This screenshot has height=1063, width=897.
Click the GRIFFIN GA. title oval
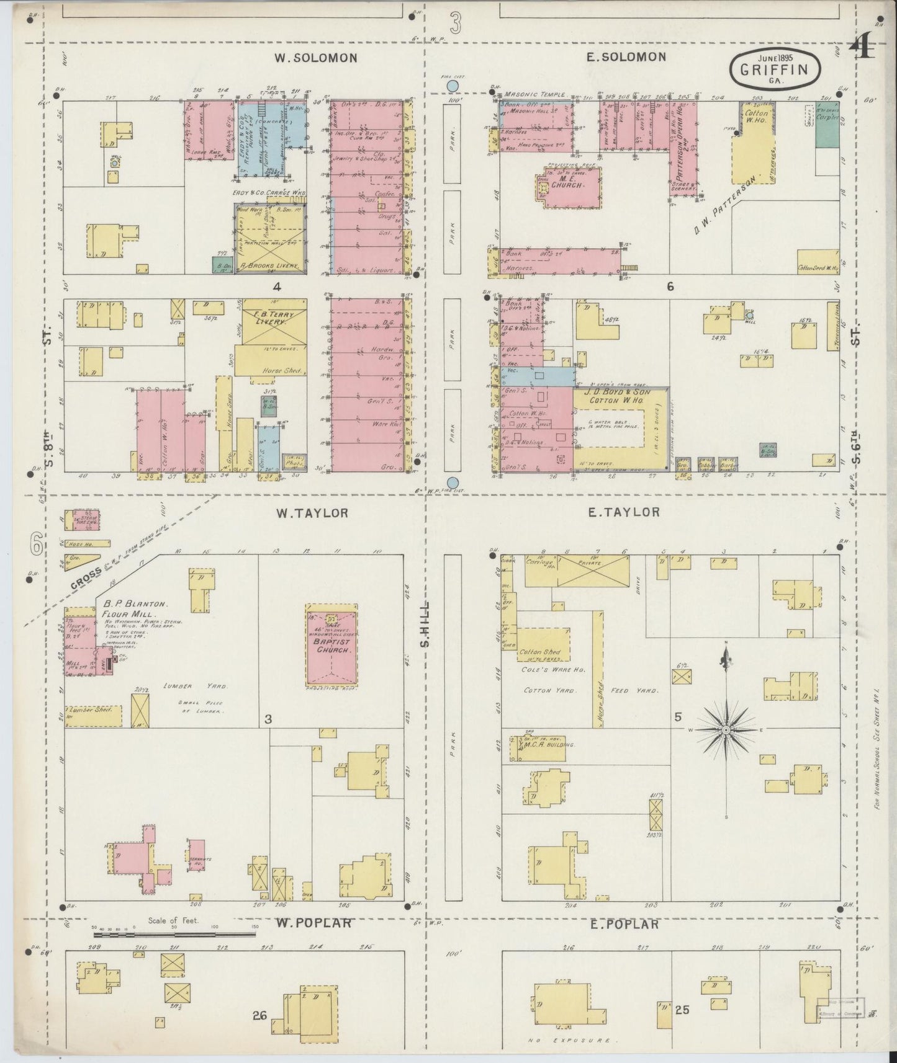tap(775, 69)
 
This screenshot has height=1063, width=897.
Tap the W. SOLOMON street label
tap(317, 58)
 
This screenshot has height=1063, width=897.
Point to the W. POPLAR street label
tap(313, 923)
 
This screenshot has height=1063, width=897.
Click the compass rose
tap(726, 731)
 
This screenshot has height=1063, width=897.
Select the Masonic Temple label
tap(535, 94)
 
